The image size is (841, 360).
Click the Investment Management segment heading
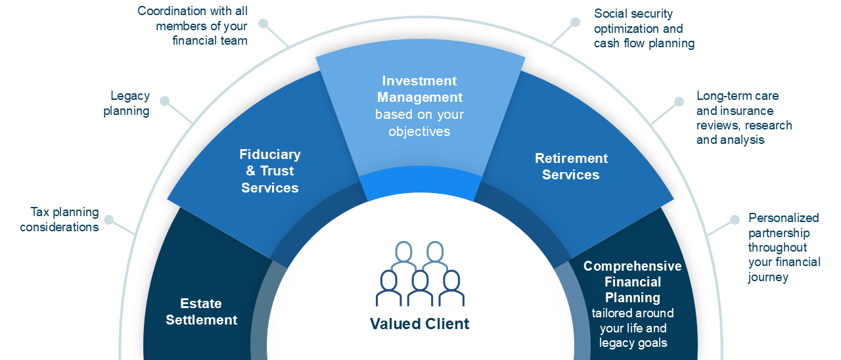pos(419,89)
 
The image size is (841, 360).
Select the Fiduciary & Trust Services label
pos(270,171)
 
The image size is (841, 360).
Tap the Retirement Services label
pos(571,166)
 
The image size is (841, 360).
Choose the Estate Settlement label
pos(202,311)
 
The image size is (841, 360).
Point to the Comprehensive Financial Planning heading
pos(633,282)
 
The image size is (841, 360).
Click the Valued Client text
pos(420,323)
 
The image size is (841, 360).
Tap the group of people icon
pos(420,274)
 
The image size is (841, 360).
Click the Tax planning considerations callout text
pos(60,219)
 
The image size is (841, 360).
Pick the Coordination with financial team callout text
pos(193,26)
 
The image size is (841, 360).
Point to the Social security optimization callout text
pos(644,28)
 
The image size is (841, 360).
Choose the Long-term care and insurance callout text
pos(744,118)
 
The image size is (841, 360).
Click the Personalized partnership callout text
pos(784,248)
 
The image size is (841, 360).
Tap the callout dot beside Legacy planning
pos(165,101)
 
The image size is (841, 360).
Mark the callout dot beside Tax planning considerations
pos(109,219)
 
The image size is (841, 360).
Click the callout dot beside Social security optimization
pos(576,22)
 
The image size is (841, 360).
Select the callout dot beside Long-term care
pos(679,101)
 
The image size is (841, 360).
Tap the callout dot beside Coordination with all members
pos(263,23)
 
